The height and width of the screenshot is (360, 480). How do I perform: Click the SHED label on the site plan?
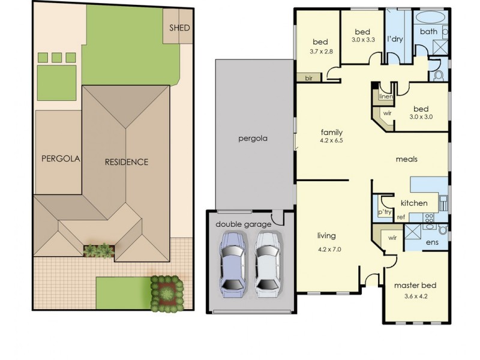coord(180,28)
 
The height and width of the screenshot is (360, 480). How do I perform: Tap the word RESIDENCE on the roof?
coord(126,162)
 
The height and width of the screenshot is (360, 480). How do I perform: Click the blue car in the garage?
coord(232,263)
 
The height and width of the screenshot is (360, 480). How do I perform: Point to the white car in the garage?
coord(268,263)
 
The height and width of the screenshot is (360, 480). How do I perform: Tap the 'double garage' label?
coord(243,224)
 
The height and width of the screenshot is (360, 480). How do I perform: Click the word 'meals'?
coord(406,160)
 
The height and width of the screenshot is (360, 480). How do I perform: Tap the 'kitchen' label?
coord(414,203)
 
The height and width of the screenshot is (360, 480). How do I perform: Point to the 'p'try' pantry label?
coord(385,212)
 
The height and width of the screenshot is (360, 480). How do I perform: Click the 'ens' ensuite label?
coord(431,243)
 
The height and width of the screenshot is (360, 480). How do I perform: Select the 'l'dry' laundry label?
coord(394,39)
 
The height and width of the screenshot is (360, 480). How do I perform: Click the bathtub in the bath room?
coord(428,17)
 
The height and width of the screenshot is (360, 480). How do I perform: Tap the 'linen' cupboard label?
coord(385,96)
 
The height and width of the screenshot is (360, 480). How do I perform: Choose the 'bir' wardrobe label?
coord(310,78)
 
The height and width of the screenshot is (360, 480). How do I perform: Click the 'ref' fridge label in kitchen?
coord(401,217)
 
